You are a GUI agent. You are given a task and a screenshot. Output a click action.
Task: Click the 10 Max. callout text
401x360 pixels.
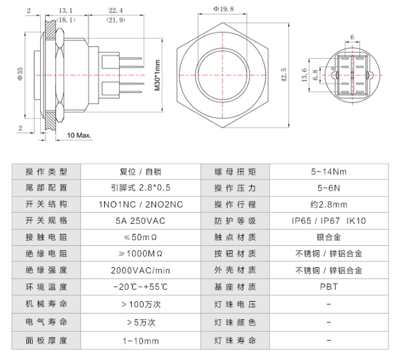tap(80, 135)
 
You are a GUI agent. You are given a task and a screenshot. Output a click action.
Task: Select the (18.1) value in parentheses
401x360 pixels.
tap(65, 20)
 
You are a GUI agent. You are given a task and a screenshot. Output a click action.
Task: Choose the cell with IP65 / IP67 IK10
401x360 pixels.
tap(328, 221)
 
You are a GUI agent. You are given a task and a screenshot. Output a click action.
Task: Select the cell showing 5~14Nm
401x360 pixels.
tap(328, 171)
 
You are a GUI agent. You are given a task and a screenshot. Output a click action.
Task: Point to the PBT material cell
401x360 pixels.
tap(328, 288)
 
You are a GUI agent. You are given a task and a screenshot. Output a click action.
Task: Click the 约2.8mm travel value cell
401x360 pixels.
tap(328, 204)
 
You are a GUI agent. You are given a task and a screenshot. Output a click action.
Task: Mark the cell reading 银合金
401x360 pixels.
tap(328, 238)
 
